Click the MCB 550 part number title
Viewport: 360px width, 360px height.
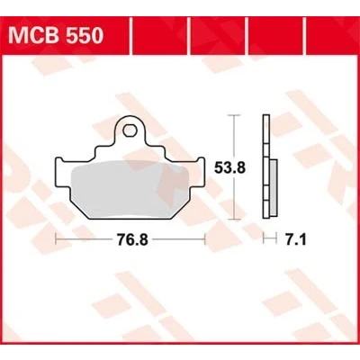click(56, 35)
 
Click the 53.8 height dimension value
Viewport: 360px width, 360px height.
click(229, 168)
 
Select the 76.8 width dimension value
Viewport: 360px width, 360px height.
click(132, 239)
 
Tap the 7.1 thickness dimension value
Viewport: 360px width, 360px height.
click(296, 239)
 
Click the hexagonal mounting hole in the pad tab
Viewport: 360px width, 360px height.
click(130, 130)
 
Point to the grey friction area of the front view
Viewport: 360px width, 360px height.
click(130, 189)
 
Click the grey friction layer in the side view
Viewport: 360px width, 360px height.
click(274, 187)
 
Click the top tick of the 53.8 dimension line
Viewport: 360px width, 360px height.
click(234, 115)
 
